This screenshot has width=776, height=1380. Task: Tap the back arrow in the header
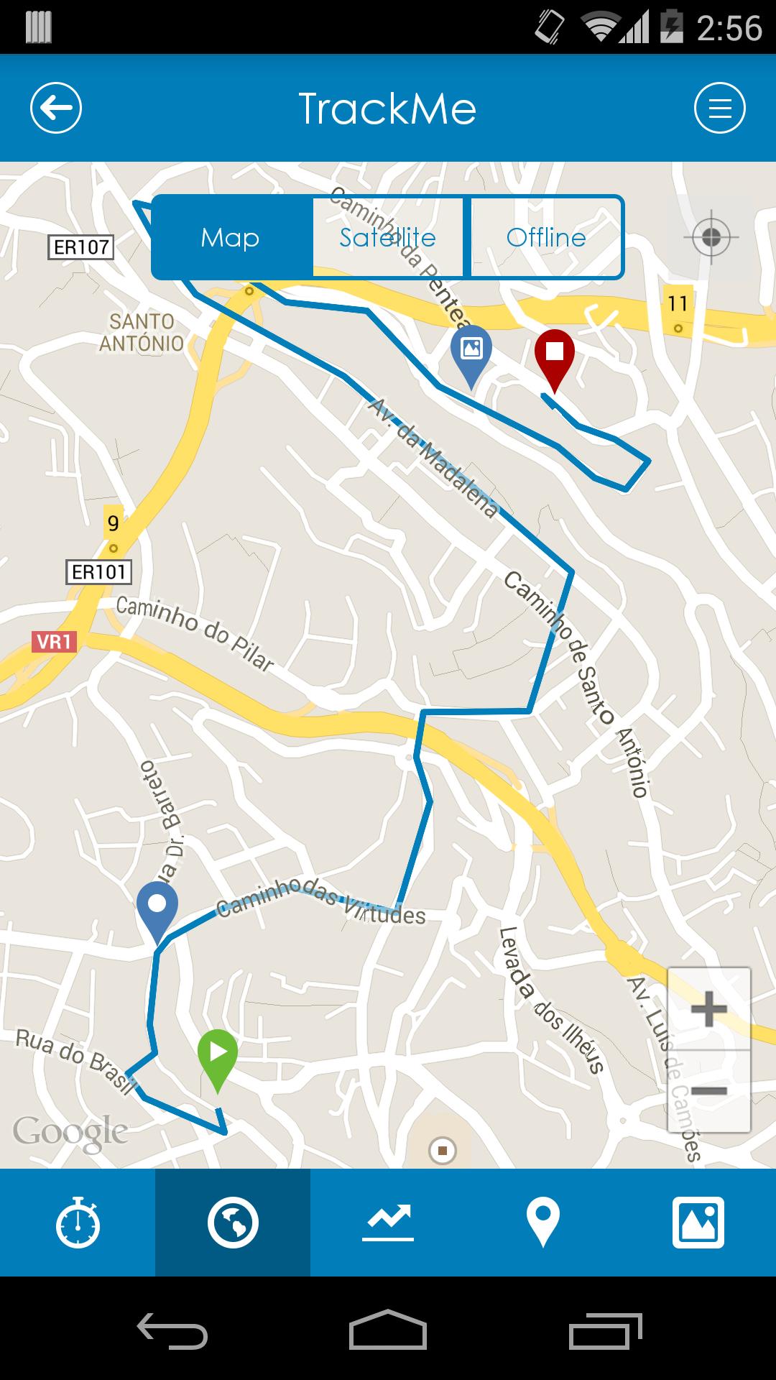(56, 109)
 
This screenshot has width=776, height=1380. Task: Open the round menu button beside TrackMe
(719, 109)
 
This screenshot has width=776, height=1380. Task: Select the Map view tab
(231, 237)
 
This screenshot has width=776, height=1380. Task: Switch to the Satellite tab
(388, 237)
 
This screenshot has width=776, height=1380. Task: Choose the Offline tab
(546, 237)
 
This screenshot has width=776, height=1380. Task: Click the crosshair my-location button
(711, 237)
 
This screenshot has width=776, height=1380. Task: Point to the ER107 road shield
(81, 247)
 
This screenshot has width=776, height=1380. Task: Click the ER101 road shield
(99, 572)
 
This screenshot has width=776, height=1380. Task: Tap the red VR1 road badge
(54, 641)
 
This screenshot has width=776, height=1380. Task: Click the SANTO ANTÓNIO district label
(142, 332)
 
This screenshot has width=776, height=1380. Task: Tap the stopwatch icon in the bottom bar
(78, 1223)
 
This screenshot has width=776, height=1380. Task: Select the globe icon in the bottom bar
(233, 1223)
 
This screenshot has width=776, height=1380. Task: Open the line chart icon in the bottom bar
(388, 1223)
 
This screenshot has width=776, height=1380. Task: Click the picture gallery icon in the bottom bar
(698, 1223)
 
